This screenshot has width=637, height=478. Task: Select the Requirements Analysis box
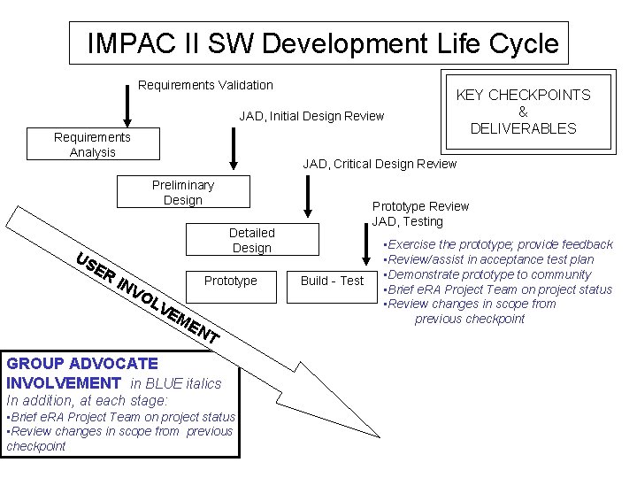tap(93, 144)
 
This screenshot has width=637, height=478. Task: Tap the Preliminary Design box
tap(183, 192)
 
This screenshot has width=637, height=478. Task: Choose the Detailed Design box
tap(251, 240)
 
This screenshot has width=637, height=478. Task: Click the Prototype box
tap(230, 281)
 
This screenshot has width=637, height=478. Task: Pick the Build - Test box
tap(332, 281)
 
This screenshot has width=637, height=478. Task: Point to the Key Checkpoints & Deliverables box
tap(523, 112)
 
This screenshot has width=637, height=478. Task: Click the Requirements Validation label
tap(206, 85)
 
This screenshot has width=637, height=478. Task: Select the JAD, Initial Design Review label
tap(311, 116)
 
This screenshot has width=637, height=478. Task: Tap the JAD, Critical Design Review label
tap(380, 163)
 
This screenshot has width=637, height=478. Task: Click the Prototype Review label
tap(420, 206)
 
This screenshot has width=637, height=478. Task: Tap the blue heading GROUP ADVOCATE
tap(82, 363)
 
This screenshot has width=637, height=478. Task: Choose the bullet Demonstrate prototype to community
tap(487, 274)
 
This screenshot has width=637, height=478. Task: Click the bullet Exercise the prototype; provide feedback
tap(497, 244)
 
